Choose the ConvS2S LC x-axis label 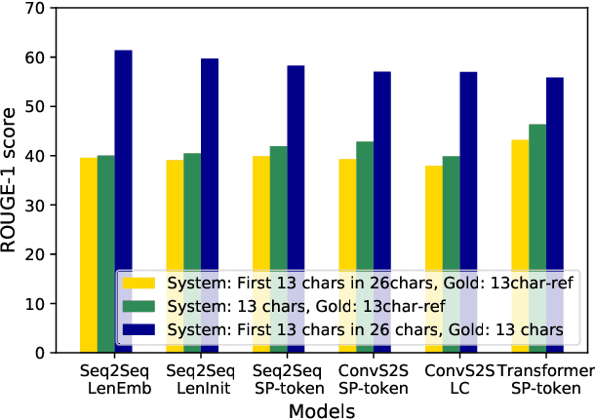(452, 379)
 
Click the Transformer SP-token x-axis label (551, 379)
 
